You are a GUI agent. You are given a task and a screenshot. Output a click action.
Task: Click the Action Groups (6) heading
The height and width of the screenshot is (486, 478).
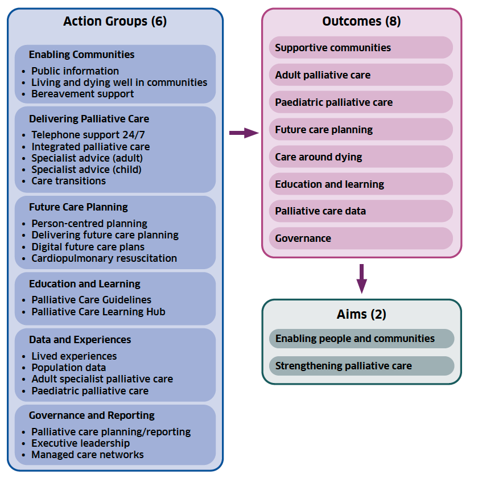point(115,22)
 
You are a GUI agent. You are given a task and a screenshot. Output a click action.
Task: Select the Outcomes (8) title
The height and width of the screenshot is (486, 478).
point(361,22)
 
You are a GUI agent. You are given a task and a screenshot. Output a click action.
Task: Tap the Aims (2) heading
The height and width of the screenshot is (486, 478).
point(361,314)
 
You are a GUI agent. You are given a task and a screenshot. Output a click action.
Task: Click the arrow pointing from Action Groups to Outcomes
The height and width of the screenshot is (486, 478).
point(243,133)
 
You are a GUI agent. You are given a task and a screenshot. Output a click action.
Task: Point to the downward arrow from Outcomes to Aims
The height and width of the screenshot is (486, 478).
point(361,278)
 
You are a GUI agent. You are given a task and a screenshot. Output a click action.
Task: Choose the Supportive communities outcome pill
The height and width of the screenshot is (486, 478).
point(361,48)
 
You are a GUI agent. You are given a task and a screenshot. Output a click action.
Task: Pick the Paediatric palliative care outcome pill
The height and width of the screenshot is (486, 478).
point(361,102)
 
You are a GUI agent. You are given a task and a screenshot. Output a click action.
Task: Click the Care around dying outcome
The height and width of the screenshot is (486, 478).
point(361,157)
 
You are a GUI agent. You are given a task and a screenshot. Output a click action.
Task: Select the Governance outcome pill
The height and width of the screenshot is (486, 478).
point(361,238)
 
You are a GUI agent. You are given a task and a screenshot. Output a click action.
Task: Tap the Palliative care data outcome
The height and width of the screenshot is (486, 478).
point(361,211)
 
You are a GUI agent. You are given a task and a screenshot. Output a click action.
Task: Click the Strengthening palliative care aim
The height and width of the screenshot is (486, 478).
point(361,366)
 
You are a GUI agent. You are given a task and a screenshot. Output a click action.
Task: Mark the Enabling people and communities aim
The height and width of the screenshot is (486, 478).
point(361,339)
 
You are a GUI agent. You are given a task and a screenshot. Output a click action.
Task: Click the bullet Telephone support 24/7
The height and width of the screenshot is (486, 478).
point(84,135)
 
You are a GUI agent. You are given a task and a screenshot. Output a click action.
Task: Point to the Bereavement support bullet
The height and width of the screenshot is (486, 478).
point(83,94)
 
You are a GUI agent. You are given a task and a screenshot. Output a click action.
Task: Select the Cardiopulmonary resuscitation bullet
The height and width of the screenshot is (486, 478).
point(104,258)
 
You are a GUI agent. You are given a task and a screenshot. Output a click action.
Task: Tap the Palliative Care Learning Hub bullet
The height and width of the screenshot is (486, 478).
point(98,312)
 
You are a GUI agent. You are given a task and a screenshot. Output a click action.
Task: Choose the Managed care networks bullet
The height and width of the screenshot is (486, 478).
point(87,455)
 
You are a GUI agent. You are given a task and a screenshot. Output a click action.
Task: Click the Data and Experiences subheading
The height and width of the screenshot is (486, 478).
point(80,340)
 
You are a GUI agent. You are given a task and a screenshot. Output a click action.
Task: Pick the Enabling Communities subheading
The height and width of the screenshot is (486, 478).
point(82,55)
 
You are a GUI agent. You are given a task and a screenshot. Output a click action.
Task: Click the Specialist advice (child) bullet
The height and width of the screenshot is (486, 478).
point(86,170)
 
